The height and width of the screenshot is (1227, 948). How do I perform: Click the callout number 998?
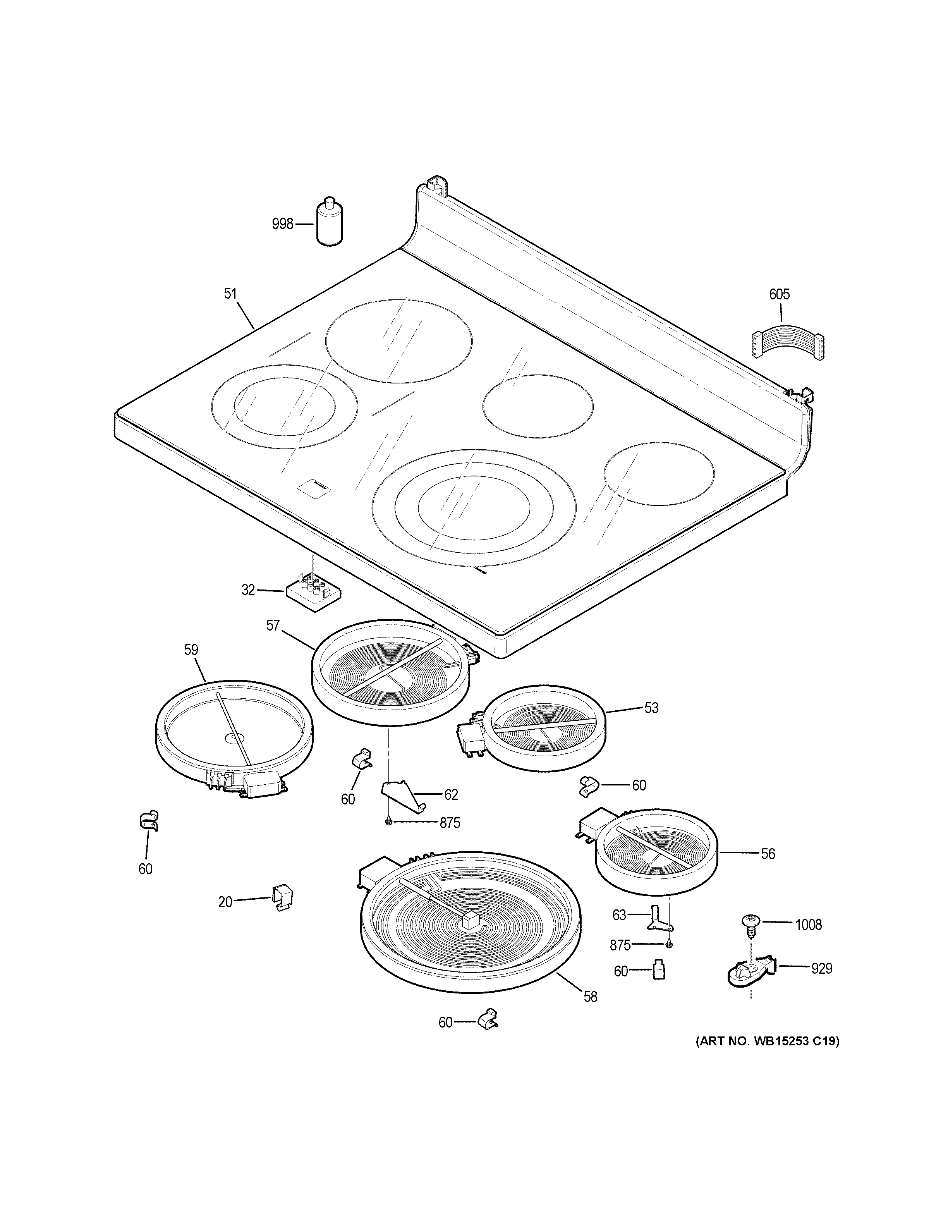pos(282,224)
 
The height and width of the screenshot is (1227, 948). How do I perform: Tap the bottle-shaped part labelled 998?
pos(328,222)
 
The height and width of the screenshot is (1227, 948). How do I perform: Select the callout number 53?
pos(651,708)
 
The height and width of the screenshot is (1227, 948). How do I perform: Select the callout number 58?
pos(590,997)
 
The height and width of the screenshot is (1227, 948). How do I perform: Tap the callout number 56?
pos(768,854)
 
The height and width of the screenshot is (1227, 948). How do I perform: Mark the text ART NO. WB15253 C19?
pos(767,1041)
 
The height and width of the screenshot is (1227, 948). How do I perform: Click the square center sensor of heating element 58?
pos(471,920)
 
